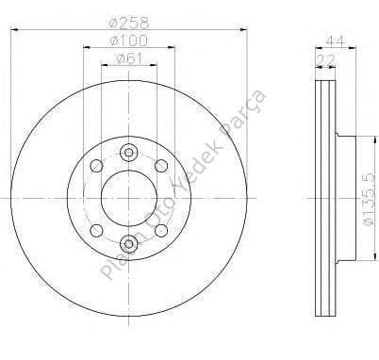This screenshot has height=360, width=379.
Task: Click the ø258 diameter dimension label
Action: coord(128,23)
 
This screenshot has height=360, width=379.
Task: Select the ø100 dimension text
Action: coord(128,41)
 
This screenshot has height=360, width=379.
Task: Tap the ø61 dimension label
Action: coord(129,58)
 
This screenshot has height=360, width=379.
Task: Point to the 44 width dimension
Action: coord(336,41)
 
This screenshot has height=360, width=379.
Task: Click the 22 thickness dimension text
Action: coord(325,59)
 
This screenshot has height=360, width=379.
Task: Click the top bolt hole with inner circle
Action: coord(129,153)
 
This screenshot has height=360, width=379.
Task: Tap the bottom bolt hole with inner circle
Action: coord(129,243)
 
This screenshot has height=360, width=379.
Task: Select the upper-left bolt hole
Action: coord(96,166)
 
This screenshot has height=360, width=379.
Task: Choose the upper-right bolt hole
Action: coord(161,166)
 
